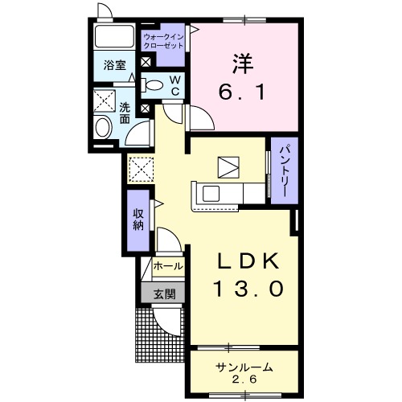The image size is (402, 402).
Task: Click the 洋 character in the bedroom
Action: tap(243, 64)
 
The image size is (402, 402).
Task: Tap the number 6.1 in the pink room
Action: tap(242, 92)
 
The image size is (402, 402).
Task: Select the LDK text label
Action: tap(248, 261)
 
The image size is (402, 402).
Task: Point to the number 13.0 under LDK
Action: tap(248, 289)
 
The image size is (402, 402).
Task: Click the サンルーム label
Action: tap(244, 367)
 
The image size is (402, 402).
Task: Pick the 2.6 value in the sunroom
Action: tap(244, 379)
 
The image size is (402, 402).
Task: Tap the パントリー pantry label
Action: tap(284, 170)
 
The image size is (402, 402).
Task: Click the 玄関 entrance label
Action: tap(165, 294)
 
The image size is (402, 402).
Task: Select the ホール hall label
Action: tap(168, 266)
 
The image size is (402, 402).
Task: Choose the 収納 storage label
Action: tap(138, 219)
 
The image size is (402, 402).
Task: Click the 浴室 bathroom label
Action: tap(115, 65)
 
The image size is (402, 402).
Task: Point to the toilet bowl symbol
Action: tap(152, 85)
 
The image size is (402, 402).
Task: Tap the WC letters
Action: tap(175, 85)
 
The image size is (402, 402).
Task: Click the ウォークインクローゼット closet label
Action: tap(163, 41)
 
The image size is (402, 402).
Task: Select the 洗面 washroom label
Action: tap(125, 113)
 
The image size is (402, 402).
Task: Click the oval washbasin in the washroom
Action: tap(104, 128)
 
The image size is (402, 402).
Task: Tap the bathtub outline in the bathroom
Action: tap(114, 37)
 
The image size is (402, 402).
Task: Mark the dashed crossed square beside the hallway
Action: tap(142, 170)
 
